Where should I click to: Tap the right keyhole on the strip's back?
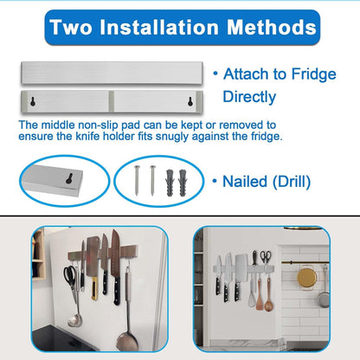tap(168, 101)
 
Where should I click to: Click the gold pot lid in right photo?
tap(306, 278)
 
